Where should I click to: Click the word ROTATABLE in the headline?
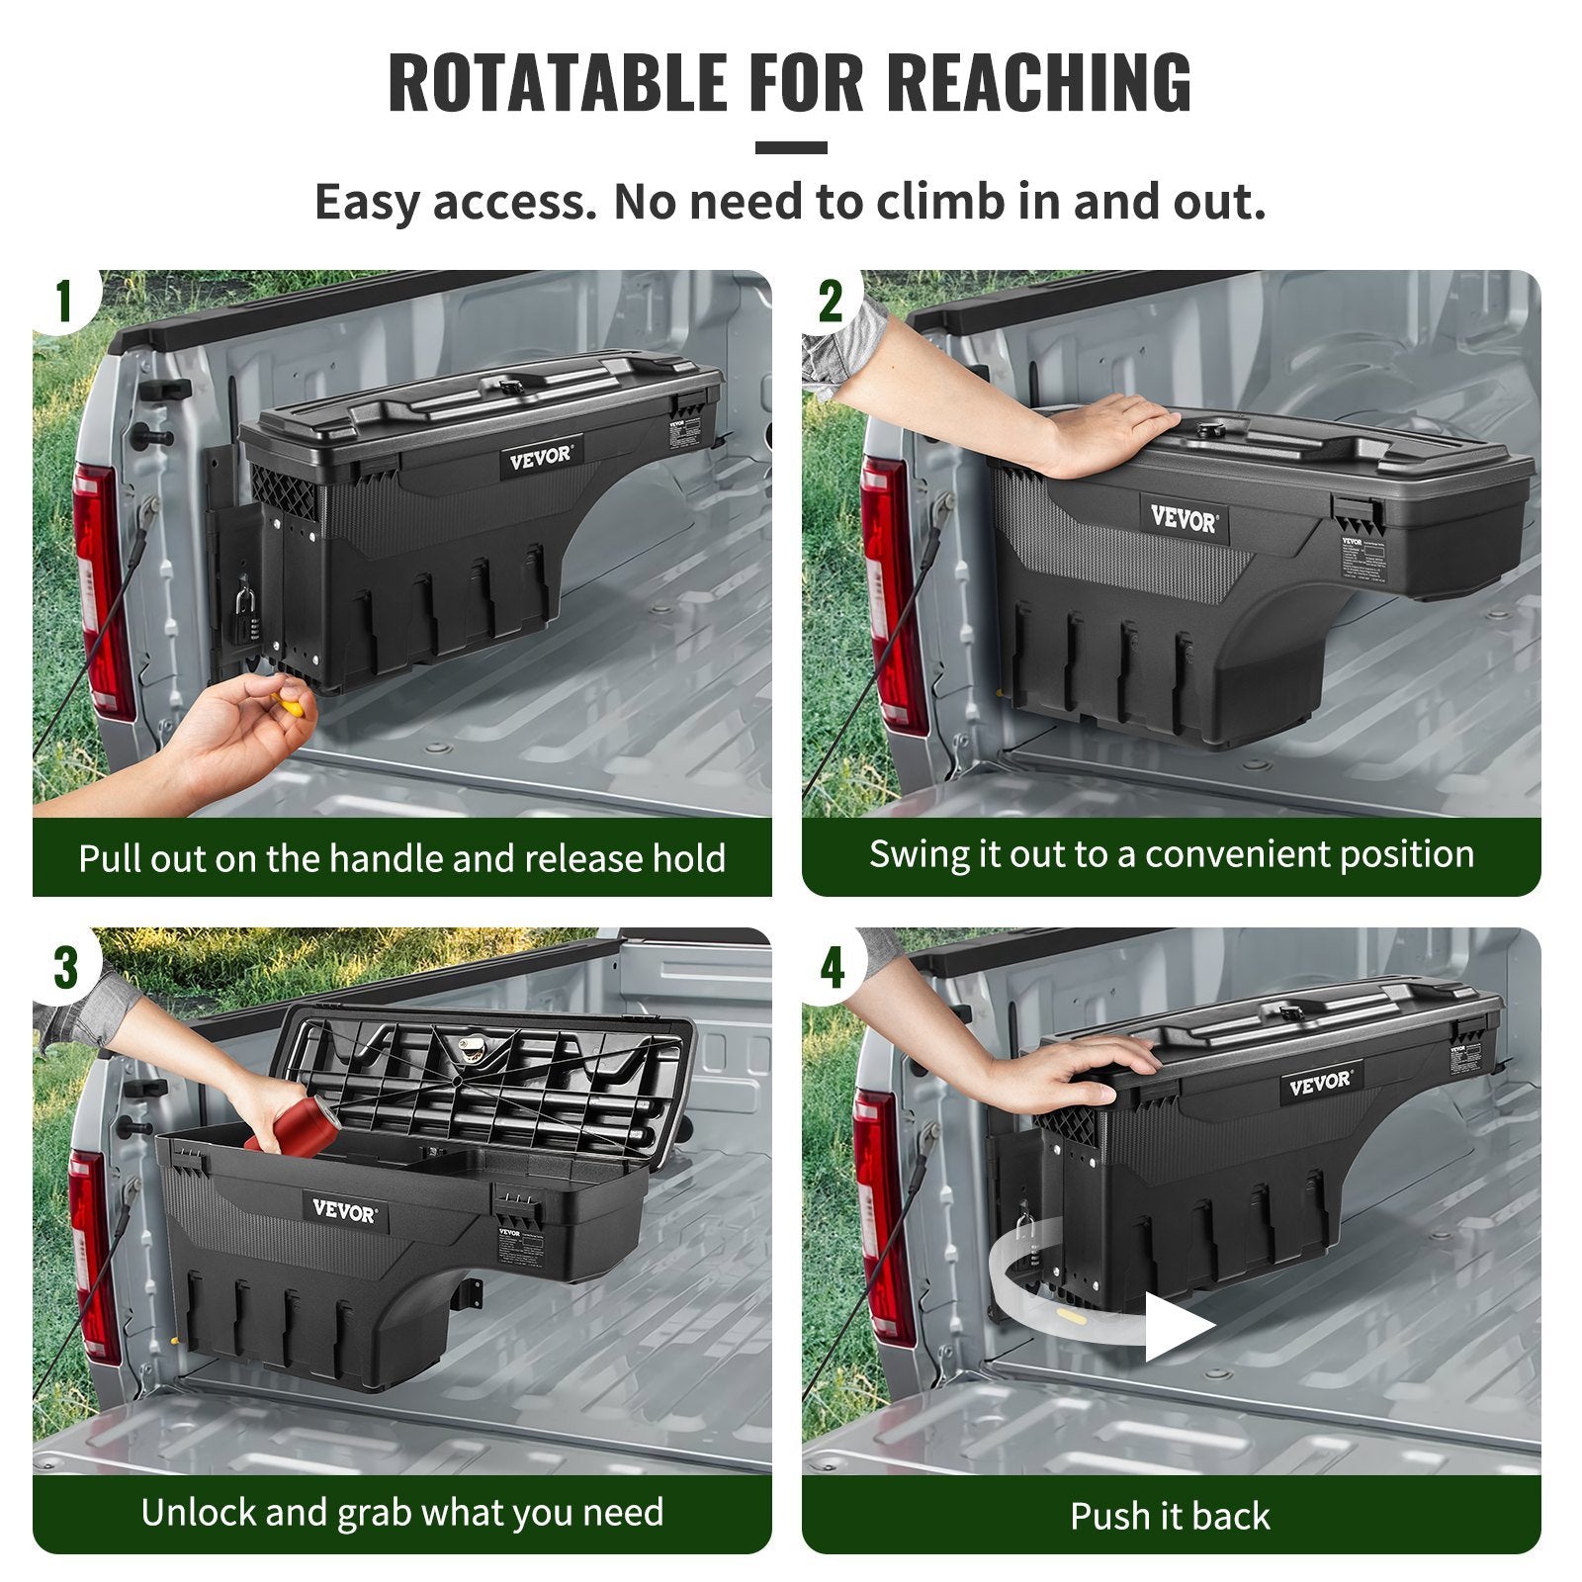click(x=557, y=83)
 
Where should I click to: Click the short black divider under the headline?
click(x=791, y=148)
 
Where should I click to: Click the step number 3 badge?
click(x=65, y=966)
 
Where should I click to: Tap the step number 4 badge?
click(x=833, y=966)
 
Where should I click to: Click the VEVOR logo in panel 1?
click(x=540, y=458)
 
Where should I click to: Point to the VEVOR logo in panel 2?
click(x=1184, y=518)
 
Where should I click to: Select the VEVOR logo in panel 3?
click(x=344, y=1210)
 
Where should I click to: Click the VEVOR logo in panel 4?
click(x=1319, y=1082)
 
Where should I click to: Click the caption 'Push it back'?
click(x=1170, y=1516)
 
